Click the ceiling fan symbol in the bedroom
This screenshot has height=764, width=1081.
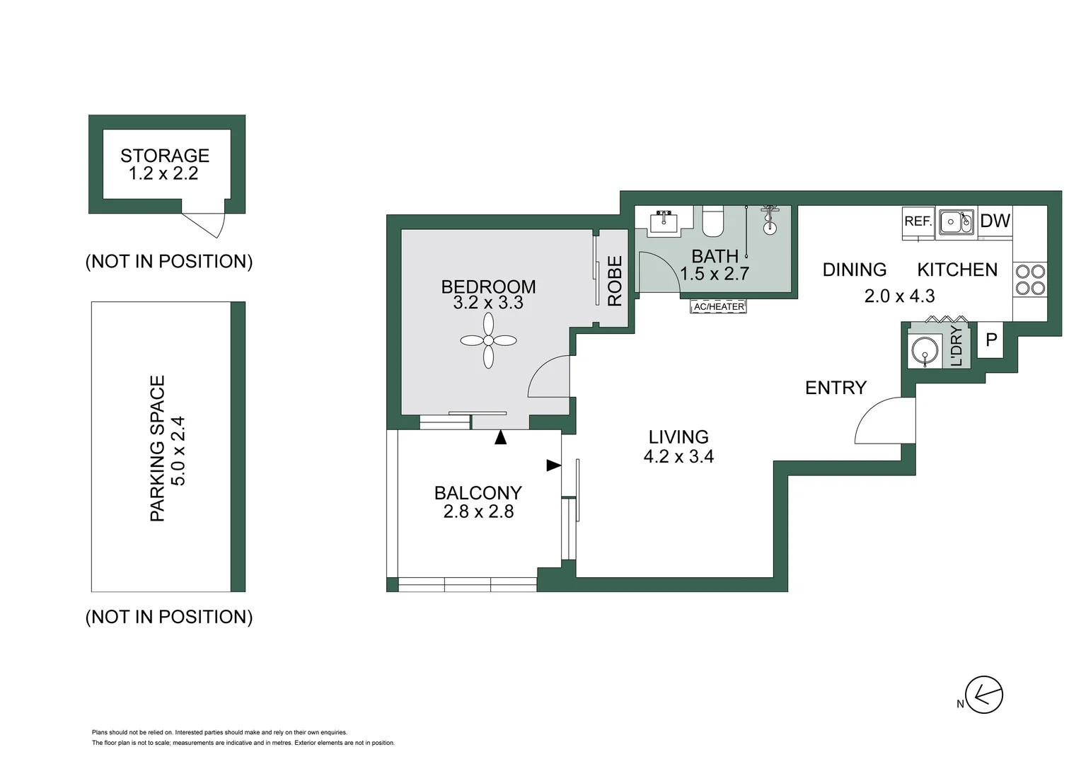tap(488, 340)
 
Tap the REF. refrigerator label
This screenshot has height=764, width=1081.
tap(918, 221)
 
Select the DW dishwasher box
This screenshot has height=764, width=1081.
tap(995, 221)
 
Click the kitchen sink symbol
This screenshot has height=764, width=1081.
tap(956, 221)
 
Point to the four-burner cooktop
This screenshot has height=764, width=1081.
tap(1029, 279)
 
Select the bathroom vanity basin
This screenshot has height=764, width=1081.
tap(664, 221)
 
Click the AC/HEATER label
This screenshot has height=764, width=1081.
tap(719, 306)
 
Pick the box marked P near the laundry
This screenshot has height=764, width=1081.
tap(990, 340)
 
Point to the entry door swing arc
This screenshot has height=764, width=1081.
tap(881, 421)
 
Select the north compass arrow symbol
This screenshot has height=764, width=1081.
tap(984, 695)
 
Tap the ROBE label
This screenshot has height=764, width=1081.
tap(615, 281)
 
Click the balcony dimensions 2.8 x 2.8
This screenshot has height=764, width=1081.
tap(478, 511)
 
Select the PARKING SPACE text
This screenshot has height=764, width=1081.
tap(157, 448)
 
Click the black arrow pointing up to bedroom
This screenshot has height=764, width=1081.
tap(500, 437)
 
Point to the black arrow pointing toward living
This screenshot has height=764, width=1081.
tap(553, 465)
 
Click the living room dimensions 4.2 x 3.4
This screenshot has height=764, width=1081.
tap(678, 457)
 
